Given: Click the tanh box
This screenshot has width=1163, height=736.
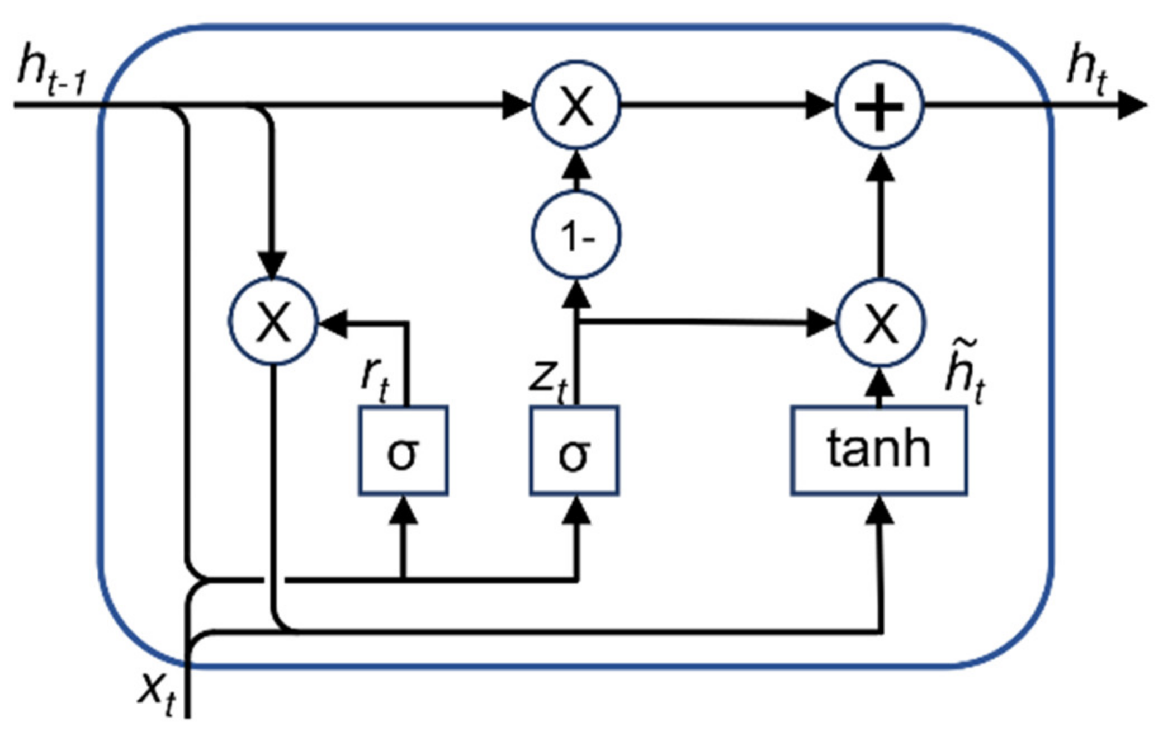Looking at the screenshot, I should click(x=879, y=451).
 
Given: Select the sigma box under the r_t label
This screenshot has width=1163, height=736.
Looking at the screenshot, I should click(x=403, y=451).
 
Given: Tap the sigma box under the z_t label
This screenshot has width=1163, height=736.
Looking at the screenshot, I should click(x=574, y=451).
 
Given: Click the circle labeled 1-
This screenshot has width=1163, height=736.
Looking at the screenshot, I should click(x=576, y=235).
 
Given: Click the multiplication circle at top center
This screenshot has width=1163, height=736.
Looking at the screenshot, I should click(x=576, y=105).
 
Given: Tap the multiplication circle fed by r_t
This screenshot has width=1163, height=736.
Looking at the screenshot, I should click(x=273, y=322).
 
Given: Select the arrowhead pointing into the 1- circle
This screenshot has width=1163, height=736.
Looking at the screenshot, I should click(x=576, y=294).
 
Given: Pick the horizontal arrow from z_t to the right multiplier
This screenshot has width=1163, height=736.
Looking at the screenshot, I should click(x=705, y=322).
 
